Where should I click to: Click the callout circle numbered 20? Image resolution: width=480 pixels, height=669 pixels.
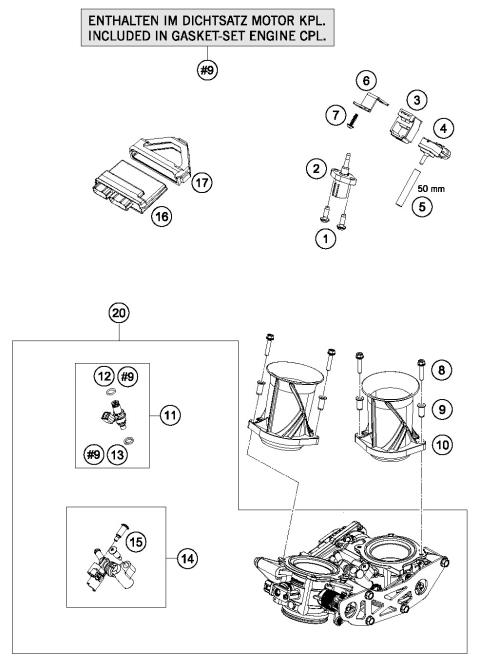coord(118,311)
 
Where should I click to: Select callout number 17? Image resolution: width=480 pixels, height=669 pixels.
coord(203,183)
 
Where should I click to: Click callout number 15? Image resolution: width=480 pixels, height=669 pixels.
coord(135,541)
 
